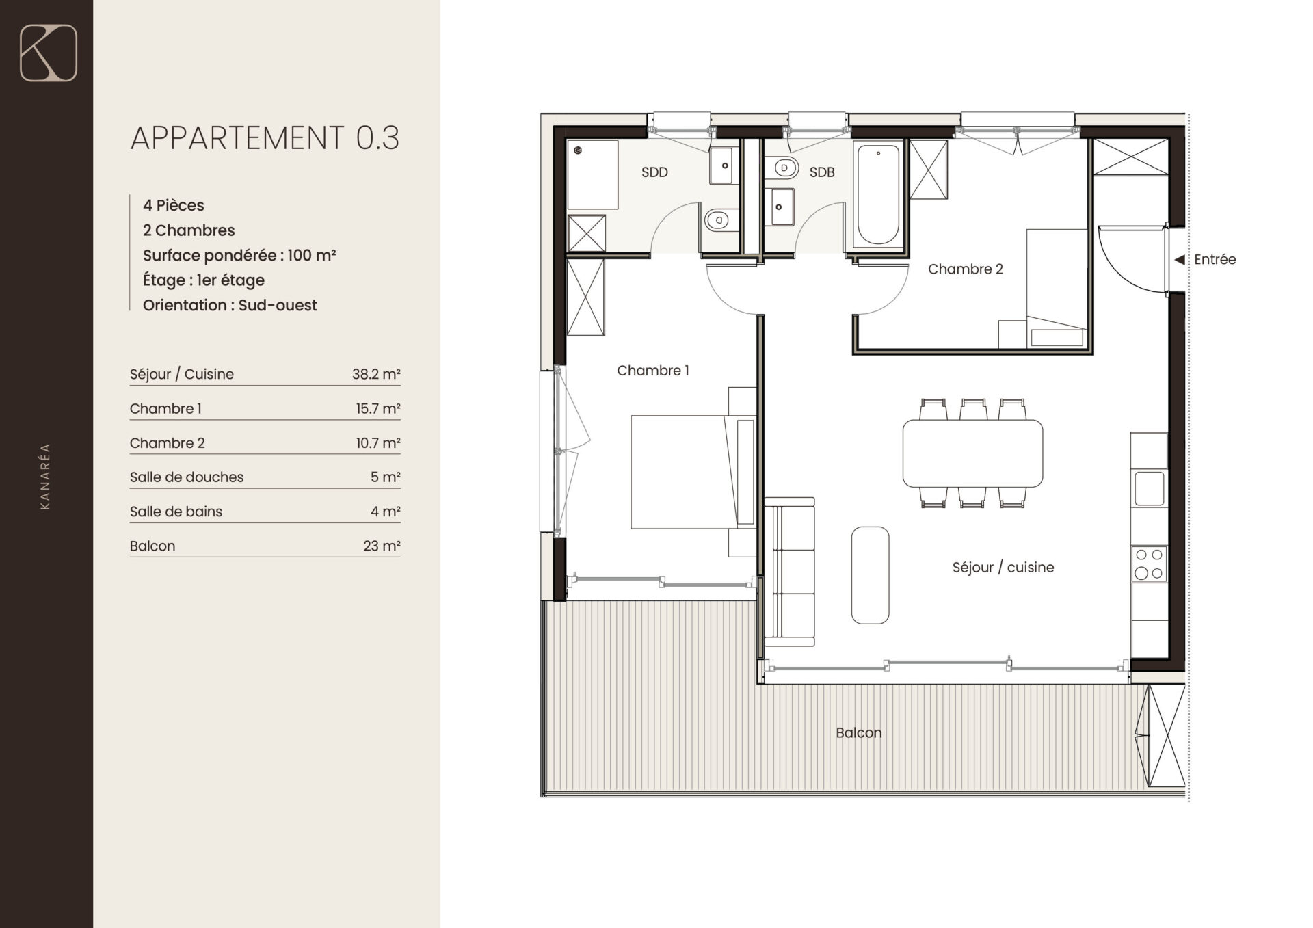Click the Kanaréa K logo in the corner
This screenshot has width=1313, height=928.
[48, 53]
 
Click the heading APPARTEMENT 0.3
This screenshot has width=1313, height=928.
[265, 137]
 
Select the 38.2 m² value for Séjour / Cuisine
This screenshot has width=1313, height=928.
[376, 374]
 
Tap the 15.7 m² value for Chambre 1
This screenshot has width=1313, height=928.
[377, 408]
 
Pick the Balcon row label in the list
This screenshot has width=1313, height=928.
[152, 546]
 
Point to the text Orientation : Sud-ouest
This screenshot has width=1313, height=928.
[230, 305]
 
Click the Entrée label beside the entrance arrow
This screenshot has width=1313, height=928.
[1215, 259]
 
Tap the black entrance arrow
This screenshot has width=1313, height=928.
[1179, 260]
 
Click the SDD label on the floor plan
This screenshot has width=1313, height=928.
[654, 172]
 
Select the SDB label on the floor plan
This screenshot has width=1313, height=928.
[822, 172]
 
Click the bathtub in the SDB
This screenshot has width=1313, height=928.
[878, 194]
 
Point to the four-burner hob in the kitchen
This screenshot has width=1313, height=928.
[1149, 564]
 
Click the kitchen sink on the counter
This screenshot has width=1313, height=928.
[1149, 488]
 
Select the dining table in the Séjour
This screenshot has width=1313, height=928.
[972, 453]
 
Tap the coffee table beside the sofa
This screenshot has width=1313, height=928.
[870, 575]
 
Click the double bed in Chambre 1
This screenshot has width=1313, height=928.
[693, 472]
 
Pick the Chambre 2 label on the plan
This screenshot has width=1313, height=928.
[965, 269]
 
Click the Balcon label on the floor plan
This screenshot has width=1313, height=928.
[858, 732]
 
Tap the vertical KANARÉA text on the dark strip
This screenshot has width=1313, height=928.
[46, 476]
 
